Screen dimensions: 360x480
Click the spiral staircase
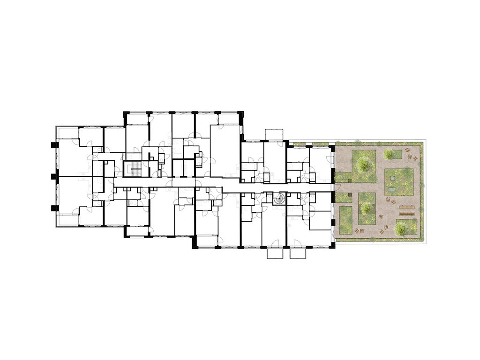(279, 199)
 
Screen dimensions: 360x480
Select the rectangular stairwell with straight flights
(135, 170)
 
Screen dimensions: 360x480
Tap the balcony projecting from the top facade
(274, 134)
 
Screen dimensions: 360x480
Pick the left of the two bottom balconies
(275, 253)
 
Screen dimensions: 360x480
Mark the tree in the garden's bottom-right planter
(401, 228)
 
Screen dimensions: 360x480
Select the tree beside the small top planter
(388, 153)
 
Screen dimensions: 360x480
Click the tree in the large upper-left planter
(362, 164)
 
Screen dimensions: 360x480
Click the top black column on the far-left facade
(52, 145)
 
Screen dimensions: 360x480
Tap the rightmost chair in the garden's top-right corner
(415, 158)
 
